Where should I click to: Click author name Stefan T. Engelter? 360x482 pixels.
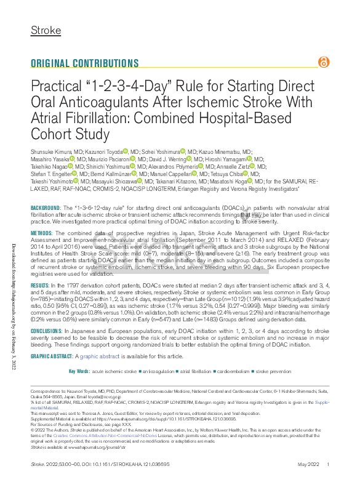tap(51, 174)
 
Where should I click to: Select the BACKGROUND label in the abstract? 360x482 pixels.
tap(46, 211)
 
